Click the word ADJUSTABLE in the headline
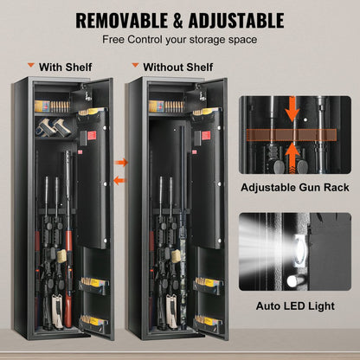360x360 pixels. click(x=235, y=20)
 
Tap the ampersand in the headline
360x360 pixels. click(x=178, y=20)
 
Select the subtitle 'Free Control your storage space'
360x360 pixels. click(x=180, y=39)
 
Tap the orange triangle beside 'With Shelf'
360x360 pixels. click(x=31, y=65)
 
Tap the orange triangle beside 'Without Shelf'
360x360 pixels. click(x=134, y=65)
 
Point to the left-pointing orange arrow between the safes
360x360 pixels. click(x=121, y=182)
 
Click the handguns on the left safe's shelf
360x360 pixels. click(x=55, y=130)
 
